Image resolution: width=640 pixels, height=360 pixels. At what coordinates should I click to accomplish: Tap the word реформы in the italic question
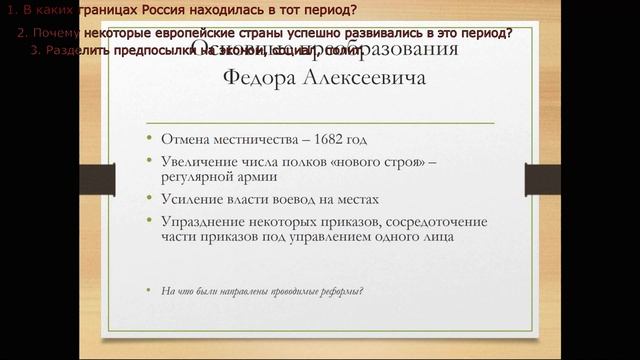(x=337, y=291)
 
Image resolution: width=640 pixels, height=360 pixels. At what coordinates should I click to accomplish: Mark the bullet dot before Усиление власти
(x=150, y=200)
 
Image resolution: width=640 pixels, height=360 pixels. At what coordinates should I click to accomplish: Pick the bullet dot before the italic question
(x=150, y=291)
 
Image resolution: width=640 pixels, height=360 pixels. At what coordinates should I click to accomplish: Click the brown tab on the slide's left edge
(x=93, y=178)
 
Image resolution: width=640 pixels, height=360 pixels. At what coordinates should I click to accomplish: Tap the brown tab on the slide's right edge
(x=549, y=178)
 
